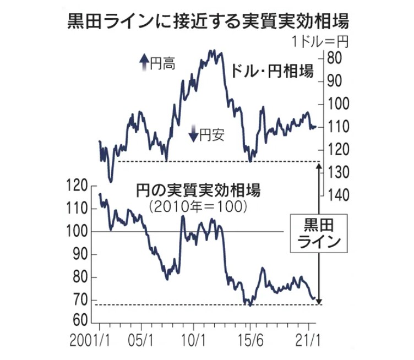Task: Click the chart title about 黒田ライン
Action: [x=207, y=21]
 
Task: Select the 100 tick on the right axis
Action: [x=338, y=103]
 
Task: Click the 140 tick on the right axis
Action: [x=338, y=194]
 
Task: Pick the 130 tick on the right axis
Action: [x=338, y=172]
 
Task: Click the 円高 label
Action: [x=163, y=63]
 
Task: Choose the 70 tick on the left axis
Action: [x=80, y=300]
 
